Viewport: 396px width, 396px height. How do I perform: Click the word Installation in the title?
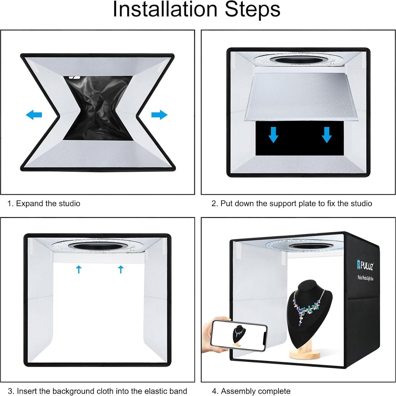[165, 9]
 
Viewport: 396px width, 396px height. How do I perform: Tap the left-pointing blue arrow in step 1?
[34, 115]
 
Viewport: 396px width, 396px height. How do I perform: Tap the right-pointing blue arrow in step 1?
[160, 115]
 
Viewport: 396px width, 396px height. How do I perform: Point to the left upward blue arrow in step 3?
[79, 269]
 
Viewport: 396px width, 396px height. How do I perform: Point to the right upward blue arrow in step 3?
[121, 269]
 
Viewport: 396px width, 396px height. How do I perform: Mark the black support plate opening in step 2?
[299, 138]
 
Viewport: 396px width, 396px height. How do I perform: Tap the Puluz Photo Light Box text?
[365, 278]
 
